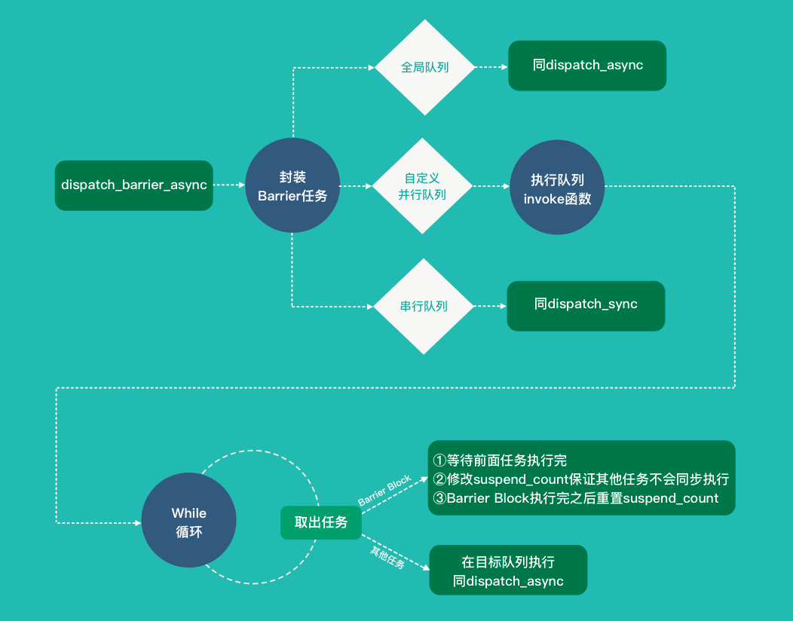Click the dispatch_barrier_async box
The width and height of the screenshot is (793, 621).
click(x=133, y=185)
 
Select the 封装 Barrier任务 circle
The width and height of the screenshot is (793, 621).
click(x=292, y=185)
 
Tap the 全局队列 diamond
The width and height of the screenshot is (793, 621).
click(x=425, y=67)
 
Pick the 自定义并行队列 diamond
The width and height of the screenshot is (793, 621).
click(x=422, y=186)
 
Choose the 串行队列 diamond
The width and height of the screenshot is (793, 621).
click(x=424, y=307)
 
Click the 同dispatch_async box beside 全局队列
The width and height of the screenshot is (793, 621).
click(x=587, y=66)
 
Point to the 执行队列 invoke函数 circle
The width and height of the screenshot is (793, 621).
click(x=557, y=187)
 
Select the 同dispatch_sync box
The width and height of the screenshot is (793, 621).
click(x=586, y=306)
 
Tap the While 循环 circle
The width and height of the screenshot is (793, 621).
click(x=188, y=520)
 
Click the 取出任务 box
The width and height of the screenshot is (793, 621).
click(x=321, y=522)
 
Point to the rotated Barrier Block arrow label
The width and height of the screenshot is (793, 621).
click(x=385, y=490)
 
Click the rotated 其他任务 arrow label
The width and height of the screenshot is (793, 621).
click(x=387, y=557)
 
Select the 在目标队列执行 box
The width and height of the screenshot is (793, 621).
click(x=508, y=570)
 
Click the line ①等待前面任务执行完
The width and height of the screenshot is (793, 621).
click(x=500, y=460)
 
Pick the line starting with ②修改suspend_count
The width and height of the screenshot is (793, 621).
click(x=580, y=479)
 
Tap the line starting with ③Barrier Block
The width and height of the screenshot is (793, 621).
click(x=576, y=498)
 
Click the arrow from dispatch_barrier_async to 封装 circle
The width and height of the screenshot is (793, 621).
click(x=229, y=185)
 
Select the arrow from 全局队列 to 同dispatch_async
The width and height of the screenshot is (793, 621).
click(x=491, y=67)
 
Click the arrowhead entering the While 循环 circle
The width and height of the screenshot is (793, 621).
click(x=138, y=523)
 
